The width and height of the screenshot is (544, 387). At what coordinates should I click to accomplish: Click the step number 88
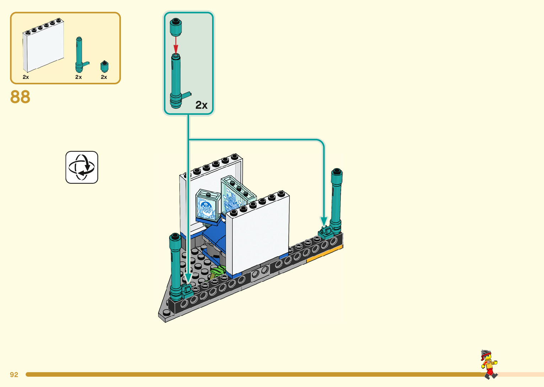[20, 97]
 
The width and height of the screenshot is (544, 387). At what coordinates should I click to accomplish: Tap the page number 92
[14, 375]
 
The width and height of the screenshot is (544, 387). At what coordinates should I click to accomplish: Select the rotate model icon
[82, 167]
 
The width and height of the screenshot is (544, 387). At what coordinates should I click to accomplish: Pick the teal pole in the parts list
[79, 55]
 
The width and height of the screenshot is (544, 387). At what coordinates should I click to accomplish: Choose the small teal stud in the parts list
[104, 66]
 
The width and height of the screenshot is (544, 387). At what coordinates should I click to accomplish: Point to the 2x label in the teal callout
[201, 105]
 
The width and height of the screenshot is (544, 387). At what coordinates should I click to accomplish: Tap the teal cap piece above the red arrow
[176, 27]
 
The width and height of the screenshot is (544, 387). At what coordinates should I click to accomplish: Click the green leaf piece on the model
[217, 272]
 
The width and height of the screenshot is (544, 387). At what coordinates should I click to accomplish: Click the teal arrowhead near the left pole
[188, 278]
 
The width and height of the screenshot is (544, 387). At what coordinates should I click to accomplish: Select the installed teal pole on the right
[336, 199]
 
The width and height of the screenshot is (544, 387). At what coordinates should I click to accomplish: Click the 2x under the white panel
[26, 77]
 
